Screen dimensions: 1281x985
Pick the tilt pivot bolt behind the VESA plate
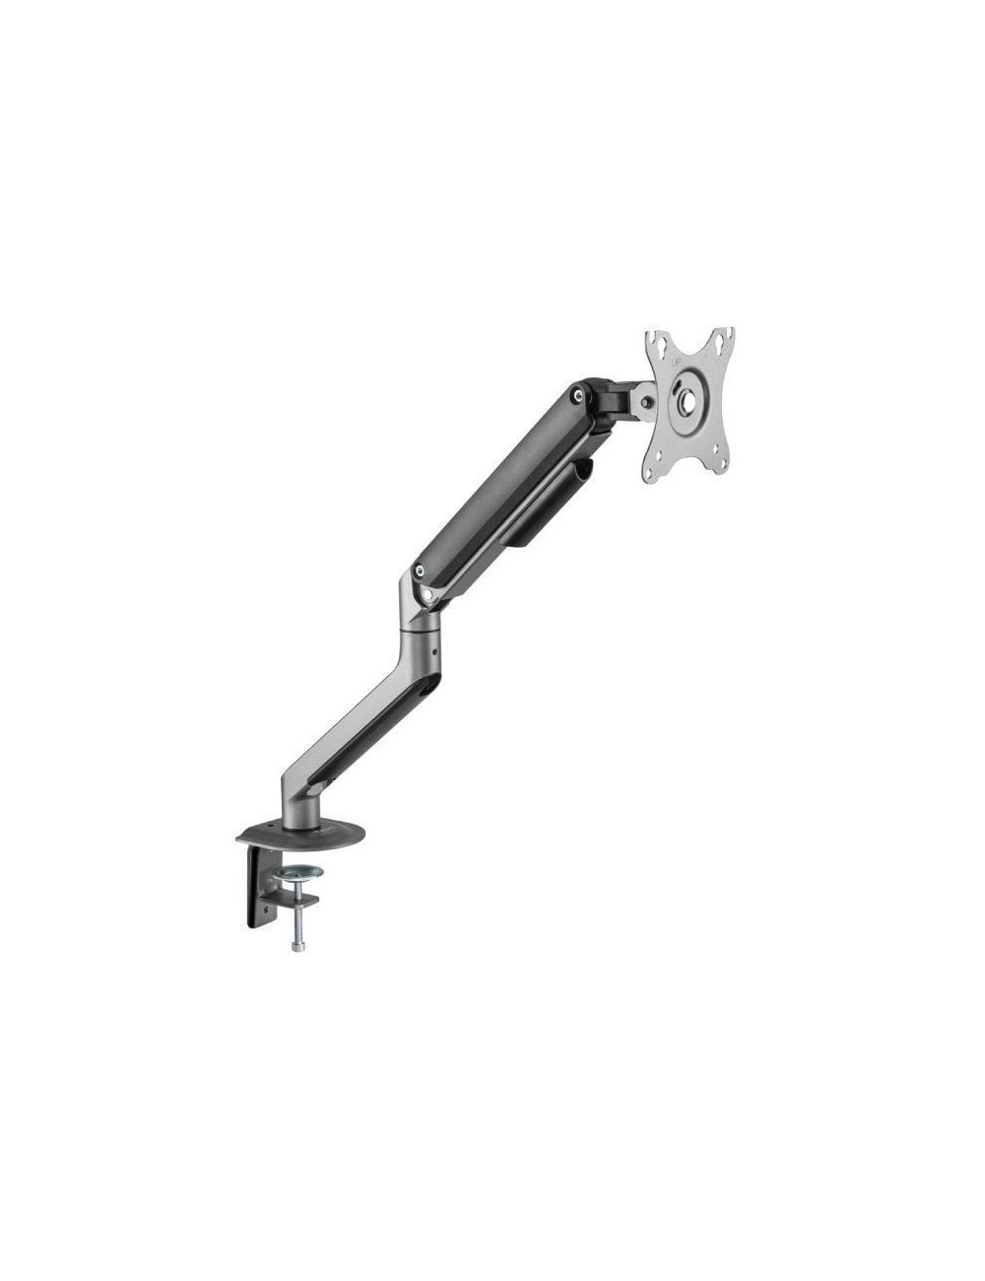tap(645, 402)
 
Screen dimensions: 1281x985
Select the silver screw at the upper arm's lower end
tap(422, 570)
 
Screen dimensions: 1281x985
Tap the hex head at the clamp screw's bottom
tap(297, 948)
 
